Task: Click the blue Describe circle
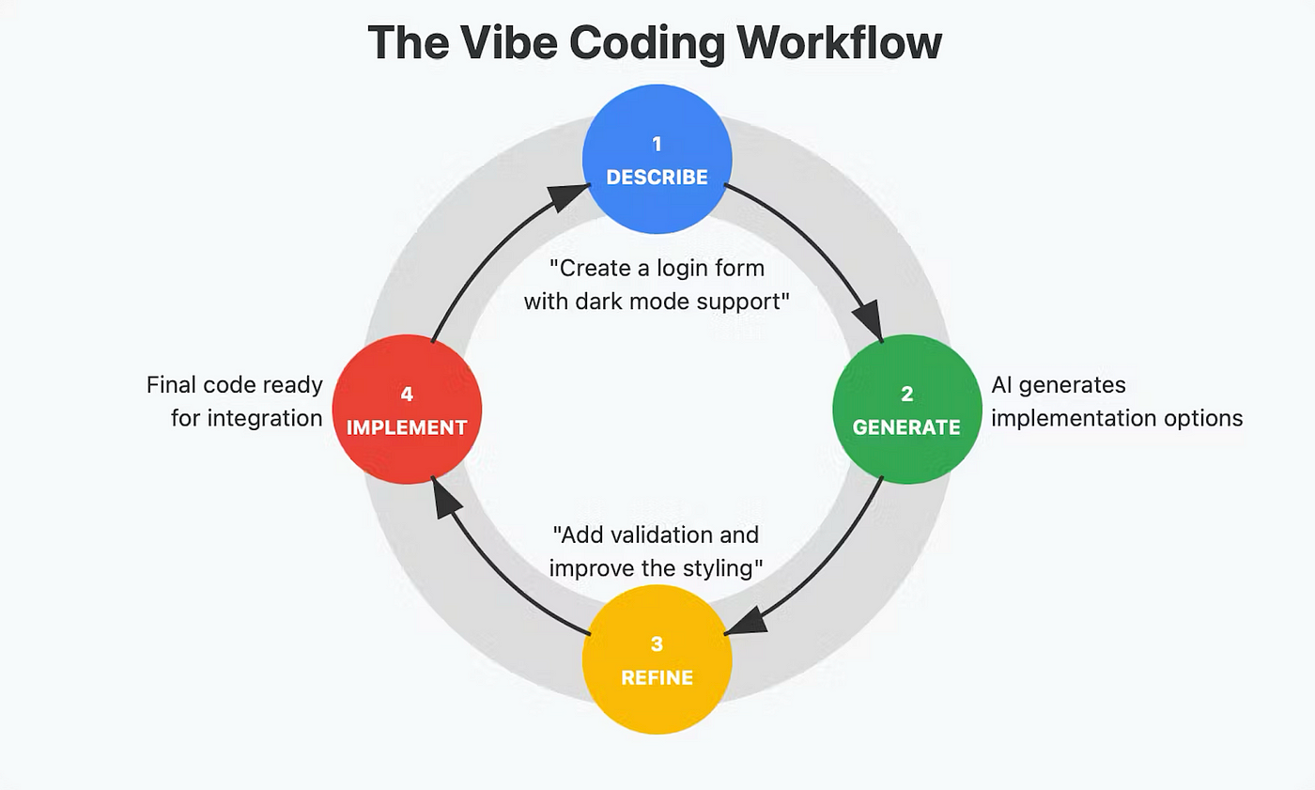657,160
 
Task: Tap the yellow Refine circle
657,660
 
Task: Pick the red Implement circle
407,410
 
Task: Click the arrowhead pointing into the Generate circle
869,321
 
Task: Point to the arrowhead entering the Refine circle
743,623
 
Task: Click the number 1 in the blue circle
657,144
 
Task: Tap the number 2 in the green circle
906,395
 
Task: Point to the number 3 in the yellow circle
657,644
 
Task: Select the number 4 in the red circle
407,395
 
